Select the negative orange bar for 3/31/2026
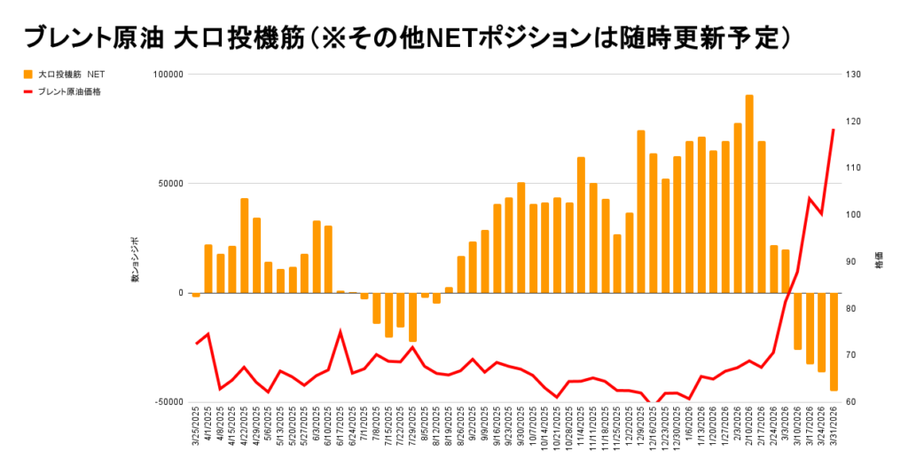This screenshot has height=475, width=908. tap(834, 341)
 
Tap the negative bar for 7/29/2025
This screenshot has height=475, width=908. tap(412, 317)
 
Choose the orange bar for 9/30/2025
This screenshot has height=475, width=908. tap(521, 238)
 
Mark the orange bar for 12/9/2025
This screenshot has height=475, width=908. tap(640, 211)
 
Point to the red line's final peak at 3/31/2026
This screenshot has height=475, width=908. tap(834, 131)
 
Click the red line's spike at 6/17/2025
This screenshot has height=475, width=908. tap(340, 332)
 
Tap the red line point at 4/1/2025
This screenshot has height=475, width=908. tap(208, 334)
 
